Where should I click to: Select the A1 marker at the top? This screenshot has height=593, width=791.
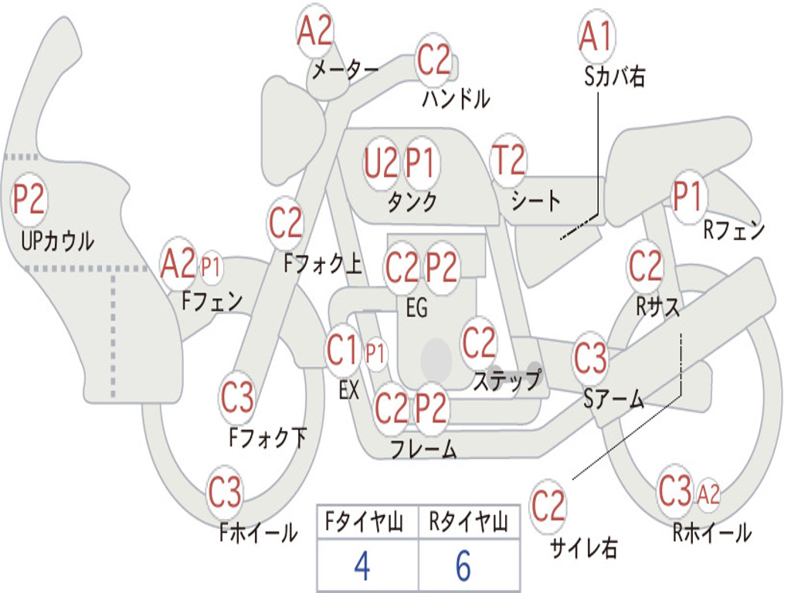click(x=597, y=36)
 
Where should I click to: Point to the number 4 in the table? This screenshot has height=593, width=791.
click(x=362, y=566)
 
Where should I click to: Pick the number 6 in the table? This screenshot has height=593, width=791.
click(x=463, y=566)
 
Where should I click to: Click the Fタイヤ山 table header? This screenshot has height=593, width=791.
click(x=364, y=522)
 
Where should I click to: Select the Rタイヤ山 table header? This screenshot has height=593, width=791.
click(x=468, y=522)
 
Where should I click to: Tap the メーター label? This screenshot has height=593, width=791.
click(x=345, y=69)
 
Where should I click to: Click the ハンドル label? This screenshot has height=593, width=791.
click(x=456, y=98)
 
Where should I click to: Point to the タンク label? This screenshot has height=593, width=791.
click(x=412, y=202)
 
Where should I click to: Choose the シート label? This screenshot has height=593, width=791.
click(x=535, y=201)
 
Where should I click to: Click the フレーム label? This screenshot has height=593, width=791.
click(x=424, y=449)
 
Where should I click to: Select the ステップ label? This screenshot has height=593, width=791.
click(x=508, y=380)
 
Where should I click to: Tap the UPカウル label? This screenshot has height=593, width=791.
click(x=57, y=241)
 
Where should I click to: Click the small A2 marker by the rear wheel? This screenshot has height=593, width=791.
click(x=708, y=493)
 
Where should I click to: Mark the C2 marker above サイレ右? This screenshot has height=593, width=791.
click(x=548, y=506)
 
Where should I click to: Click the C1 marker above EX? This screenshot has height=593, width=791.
click(x=343, y=350)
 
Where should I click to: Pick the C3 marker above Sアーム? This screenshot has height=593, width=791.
click(x=590, y=357)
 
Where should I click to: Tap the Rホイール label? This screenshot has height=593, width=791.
click(x=711, y=533)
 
